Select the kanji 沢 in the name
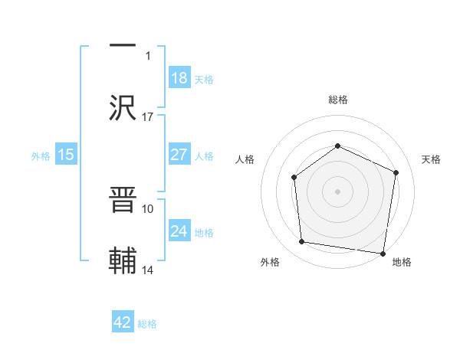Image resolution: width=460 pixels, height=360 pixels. click(123, 106)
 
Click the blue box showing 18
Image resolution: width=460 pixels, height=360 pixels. click(179, 78)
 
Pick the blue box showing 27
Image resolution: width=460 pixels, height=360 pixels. click(179, 155)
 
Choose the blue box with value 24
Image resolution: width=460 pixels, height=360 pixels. click(179, 231)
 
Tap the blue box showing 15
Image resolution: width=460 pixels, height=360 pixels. click(66, 155)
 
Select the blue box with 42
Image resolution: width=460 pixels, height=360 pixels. click(123, 323)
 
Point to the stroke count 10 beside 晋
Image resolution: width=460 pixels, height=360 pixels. click(148, 208)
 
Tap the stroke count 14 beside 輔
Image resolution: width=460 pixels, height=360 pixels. click(148, 270)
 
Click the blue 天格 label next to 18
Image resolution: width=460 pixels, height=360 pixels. click(204, 79)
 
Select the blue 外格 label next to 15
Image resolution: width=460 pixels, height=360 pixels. click(41, 155)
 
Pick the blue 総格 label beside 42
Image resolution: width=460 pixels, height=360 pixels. click(147, 324)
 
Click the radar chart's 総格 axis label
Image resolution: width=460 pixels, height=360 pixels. click(337, 100)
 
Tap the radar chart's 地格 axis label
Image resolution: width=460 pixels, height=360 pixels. click(402, 262)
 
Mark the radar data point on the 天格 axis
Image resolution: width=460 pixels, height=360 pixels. click(396, 172)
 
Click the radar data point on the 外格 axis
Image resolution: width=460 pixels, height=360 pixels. click(302, 242)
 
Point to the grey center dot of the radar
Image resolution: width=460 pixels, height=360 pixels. click(337, 191)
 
